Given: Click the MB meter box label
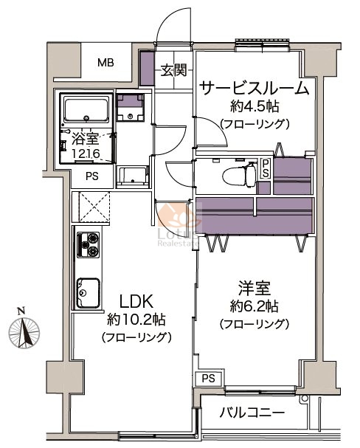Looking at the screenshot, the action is click(x=105, y=62).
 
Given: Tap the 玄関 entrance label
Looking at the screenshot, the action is click(x=173, y=70).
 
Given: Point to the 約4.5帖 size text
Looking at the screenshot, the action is click(x=255, y=107).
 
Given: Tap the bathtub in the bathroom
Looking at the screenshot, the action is click(x=86, y=109).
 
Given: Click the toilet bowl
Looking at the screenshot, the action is click(x=239, y=176).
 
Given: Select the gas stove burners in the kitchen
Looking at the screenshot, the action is click(x=89, y=244).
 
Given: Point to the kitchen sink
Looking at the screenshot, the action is click(x=89, y=292).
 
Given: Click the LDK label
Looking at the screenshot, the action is click(x=136, y=301).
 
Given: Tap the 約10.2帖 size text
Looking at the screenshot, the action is click(x=136, y=320).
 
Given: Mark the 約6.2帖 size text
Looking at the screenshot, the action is click(x=255, y=306).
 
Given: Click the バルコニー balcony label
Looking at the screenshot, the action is click(x=252, y=413).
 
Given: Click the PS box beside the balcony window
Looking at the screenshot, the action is click(x=209, y=379).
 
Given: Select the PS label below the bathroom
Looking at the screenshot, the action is click(x=92, y=176).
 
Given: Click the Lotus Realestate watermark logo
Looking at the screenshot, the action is click(x=179, y=226).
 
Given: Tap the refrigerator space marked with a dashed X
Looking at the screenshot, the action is click(x=94, y=207).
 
